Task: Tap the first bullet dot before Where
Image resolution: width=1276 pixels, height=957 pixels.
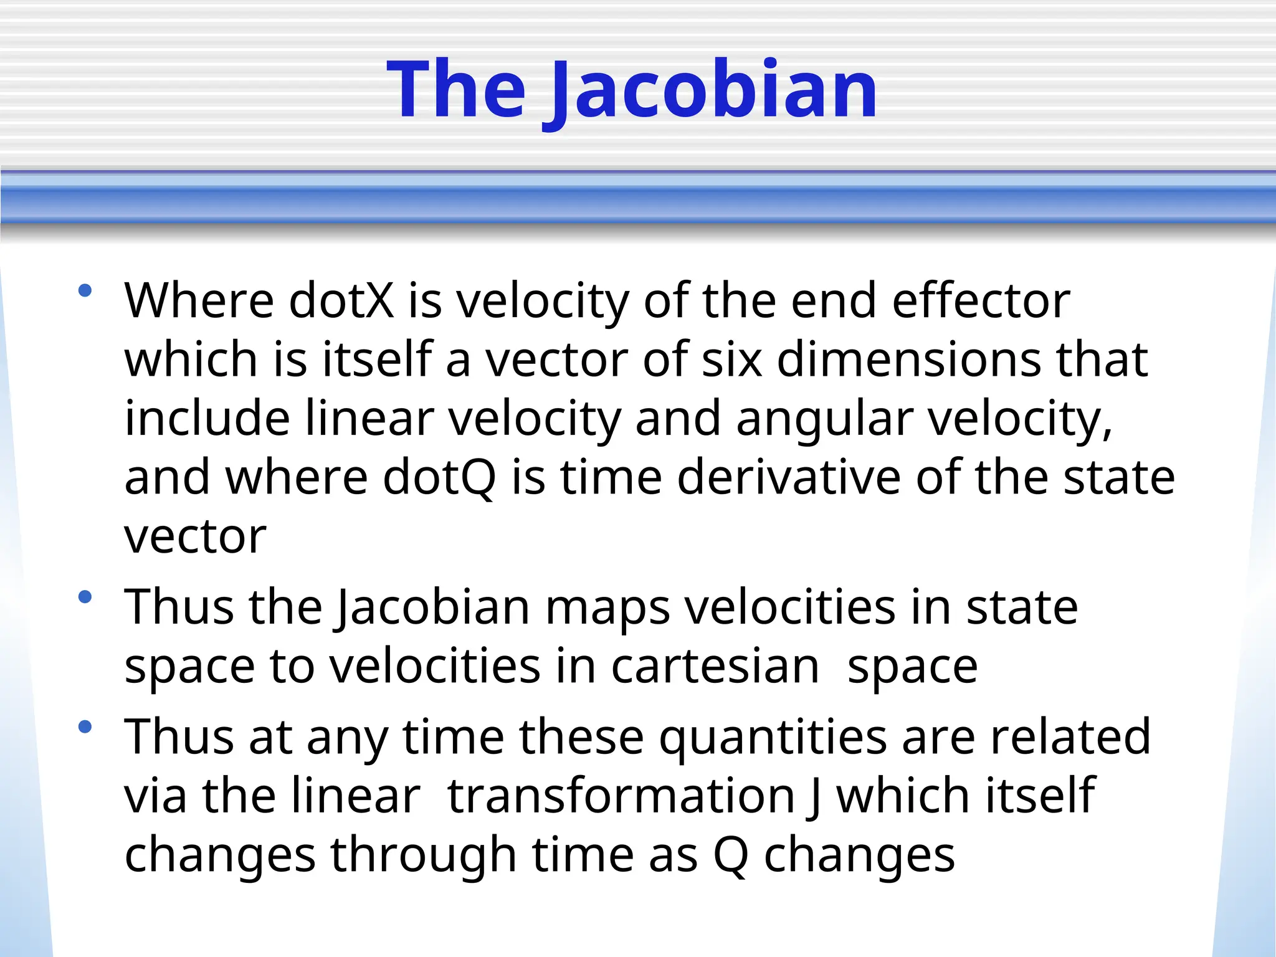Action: (85, 290)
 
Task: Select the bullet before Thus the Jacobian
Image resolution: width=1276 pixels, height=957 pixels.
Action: (85, 598)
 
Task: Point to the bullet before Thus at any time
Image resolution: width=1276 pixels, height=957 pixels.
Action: (85, 726)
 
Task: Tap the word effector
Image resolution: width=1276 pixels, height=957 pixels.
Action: (981, 301)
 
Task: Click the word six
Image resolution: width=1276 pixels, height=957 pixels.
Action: (732, 360)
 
